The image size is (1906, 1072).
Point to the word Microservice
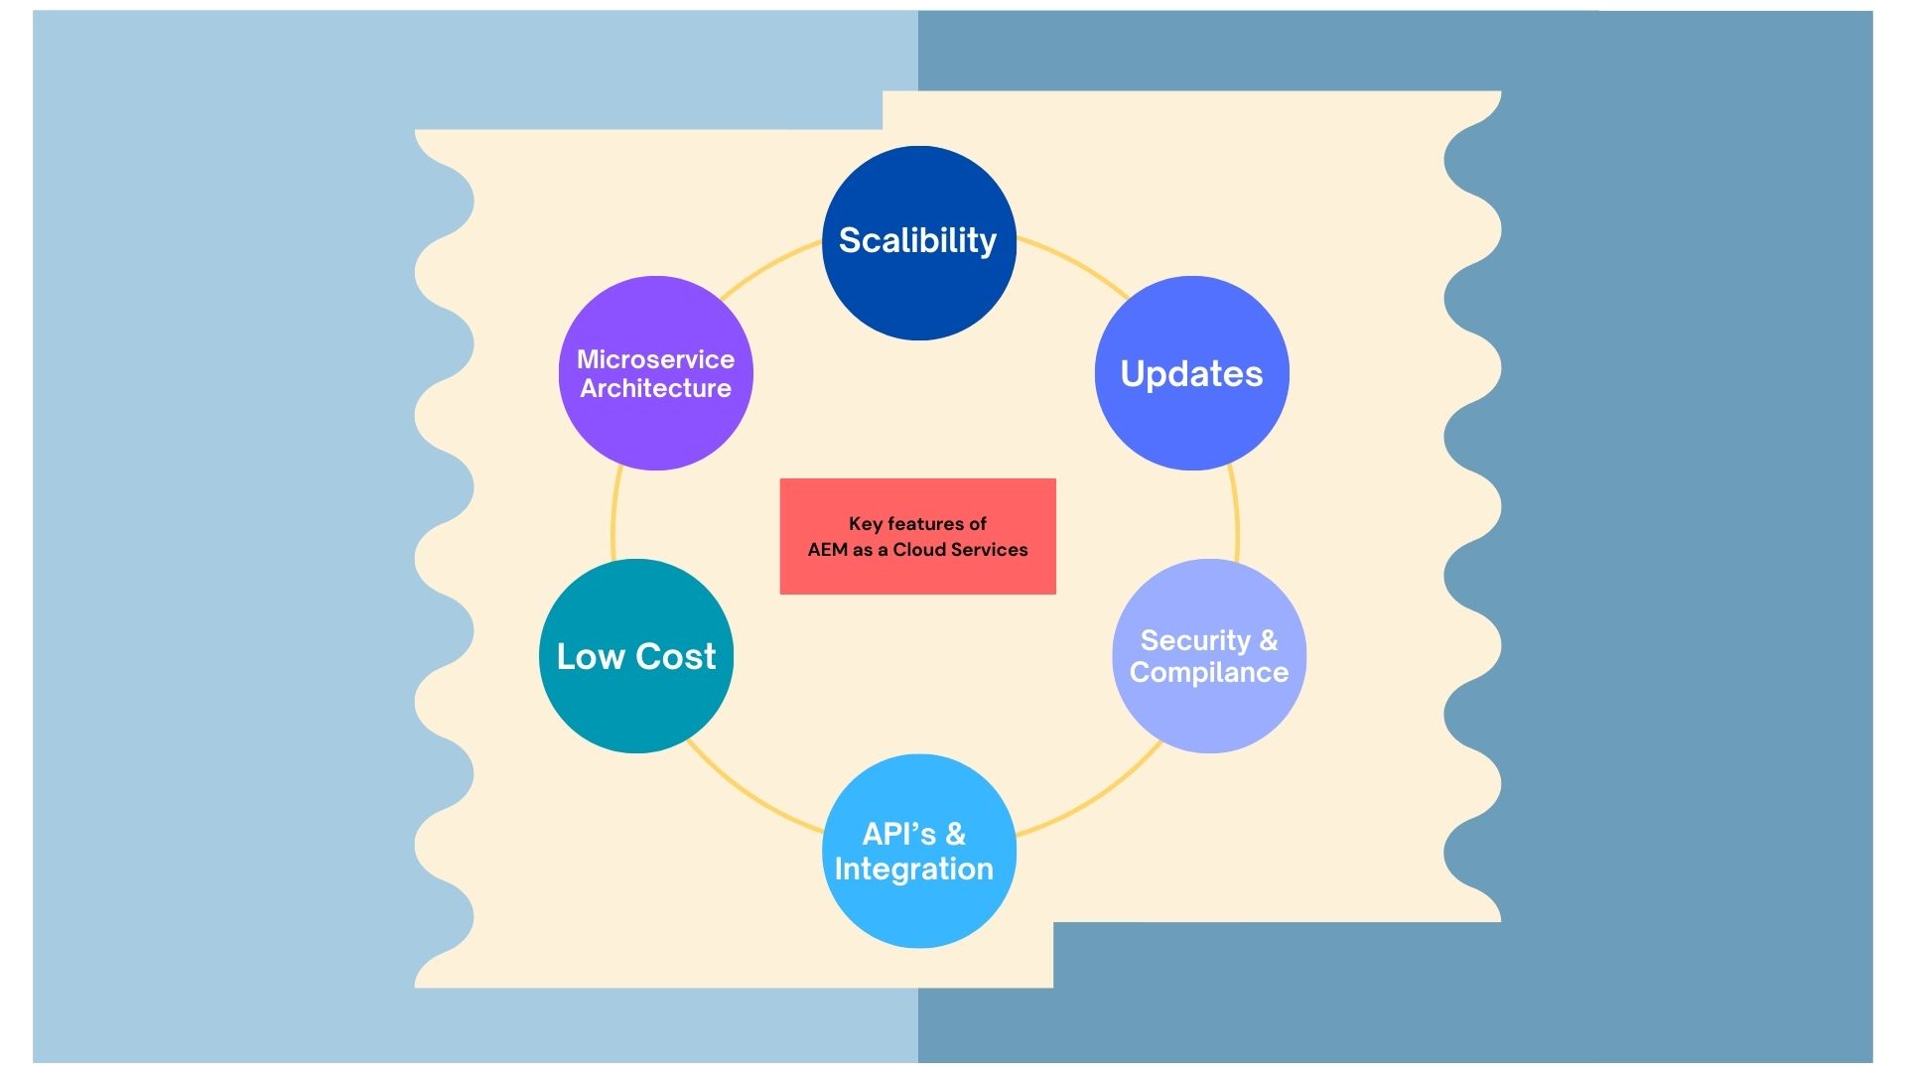(655, 359)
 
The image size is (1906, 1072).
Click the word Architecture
(655, 388)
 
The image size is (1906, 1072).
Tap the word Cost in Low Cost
(676, 656)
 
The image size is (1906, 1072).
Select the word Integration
(913, 869)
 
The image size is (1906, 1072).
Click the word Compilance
(1208, 672)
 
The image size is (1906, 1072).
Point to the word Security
(1194, 640)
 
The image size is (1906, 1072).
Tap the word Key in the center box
(865, 523)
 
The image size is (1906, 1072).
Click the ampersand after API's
(955, 834)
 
